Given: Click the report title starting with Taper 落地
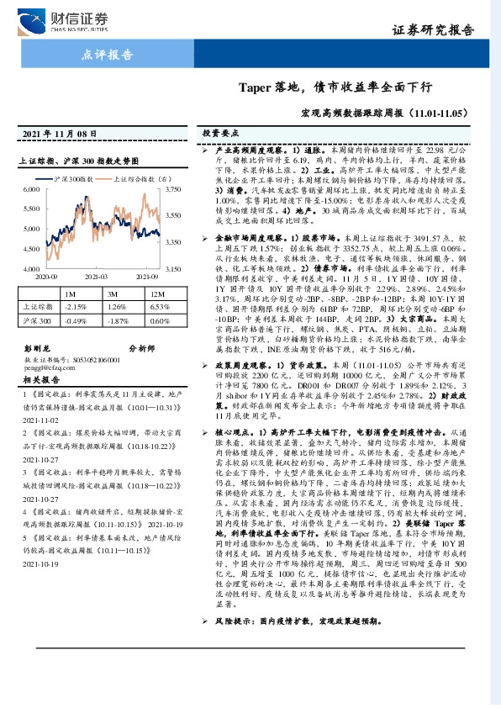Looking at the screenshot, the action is coord(335,87).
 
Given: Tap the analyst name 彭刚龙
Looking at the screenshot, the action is coord(39,347).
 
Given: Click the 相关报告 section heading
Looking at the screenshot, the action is coord(40,379).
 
